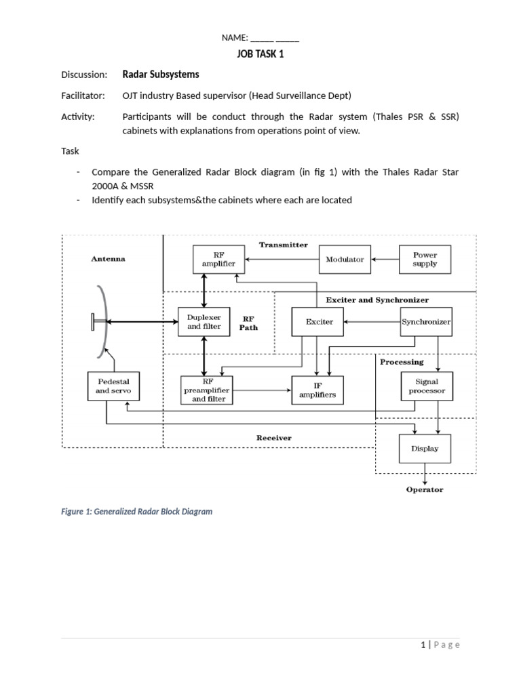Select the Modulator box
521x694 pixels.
click(x=345, y=260)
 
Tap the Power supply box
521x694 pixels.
click(x=425, y=260)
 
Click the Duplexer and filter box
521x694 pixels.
click(x=204, y=322)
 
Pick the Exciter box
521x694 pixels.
click(x=319, y=322)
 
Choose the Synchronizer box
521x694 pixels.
click(x=425, y=322)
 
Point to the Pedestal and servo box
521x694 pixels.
click(x=113, y=386)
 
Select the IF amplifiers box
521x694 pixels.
click(x=317, y=390)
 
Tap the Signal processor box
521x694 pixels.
click(x=427, y=386)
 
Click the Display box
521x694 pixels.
click(x=425, y=449)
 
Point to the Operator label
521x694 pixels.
click(x=425, y=489)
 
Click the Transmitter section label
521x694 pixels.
click(x=284, y=245)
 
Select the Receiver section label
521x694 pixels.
click(x=273, y=438)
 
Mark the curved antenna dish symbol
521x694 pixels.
click(x=102, y=321)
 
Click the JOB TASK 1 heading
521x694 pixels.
click(x=260, y=54)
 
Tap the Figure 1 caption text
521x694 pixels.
click(x=136, y=512)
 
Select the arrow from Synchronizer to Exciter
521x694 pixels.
click(x=372, y=322)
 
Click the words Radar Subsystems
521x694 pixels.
click(x=160, y=75)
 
